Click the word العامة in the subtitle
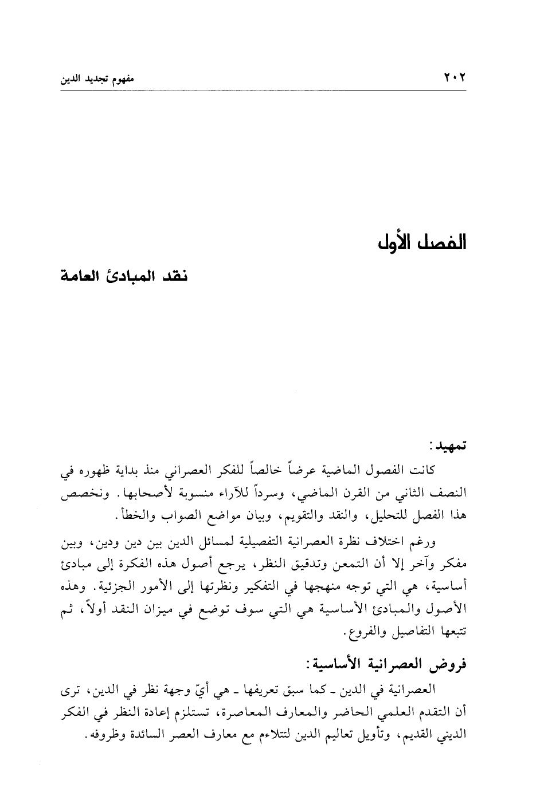[x=85, y=277]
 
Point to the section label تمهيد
[x=449, y=446]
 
